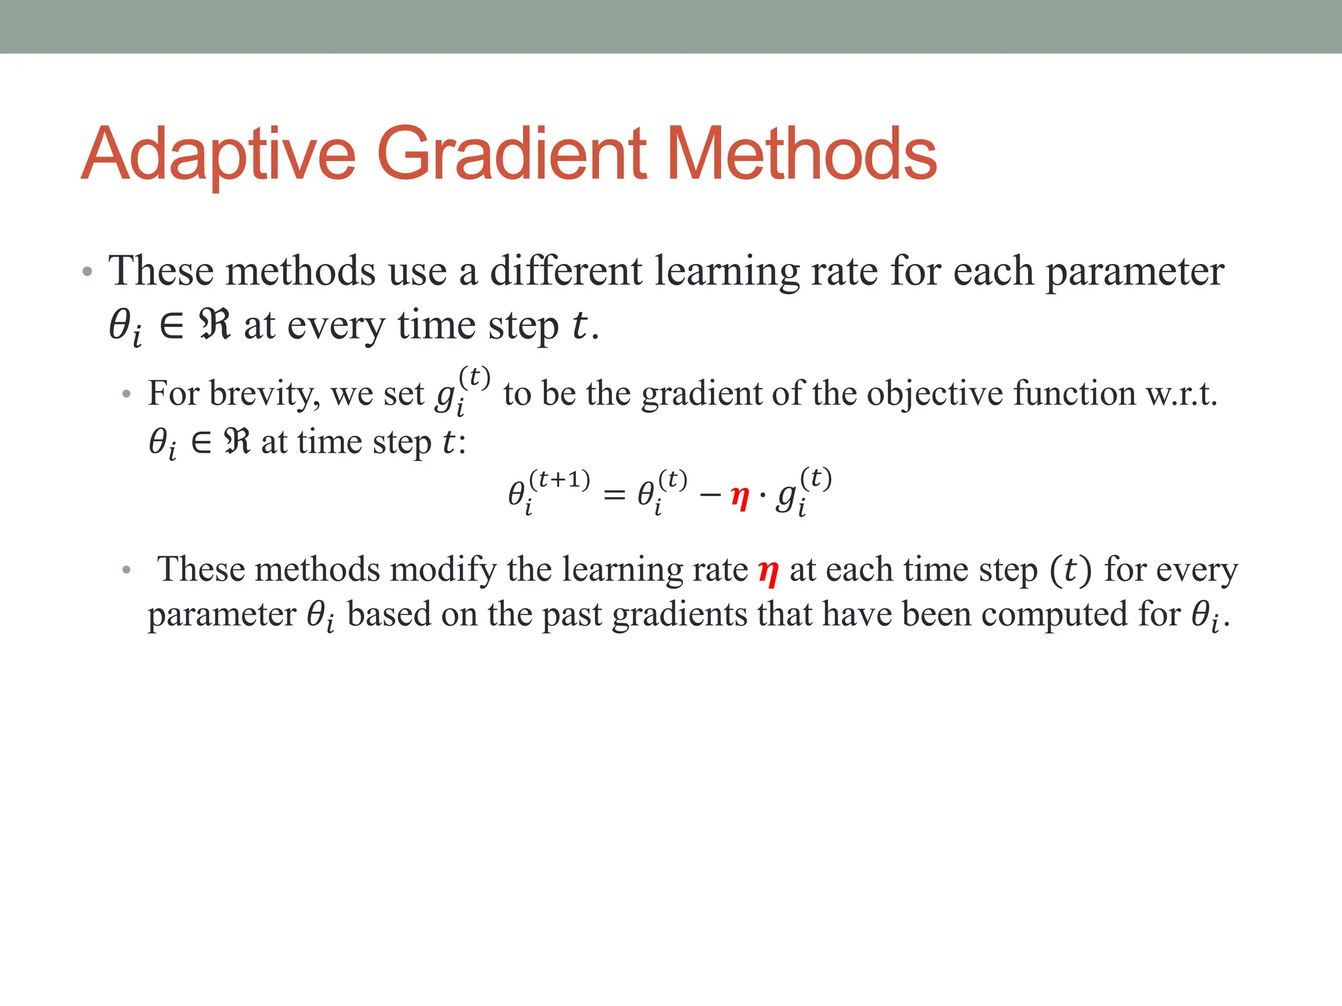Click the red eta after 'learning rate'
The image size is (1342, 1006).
tap(768, 571)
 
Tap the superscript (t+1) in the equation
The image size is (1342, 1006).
tap(559, 480)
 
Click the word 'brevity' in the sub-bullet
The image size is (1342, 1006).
tap(265, 394)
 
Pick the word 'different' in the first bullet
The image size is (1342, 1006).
tap(566, 271)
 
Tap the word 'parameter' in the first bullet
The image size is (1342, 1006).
tap(1134, 271)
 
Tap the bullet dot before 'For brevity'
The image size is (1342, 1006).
tap(126, 395)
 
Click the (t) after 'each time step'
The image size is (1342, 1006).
tap(1071, 570)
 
